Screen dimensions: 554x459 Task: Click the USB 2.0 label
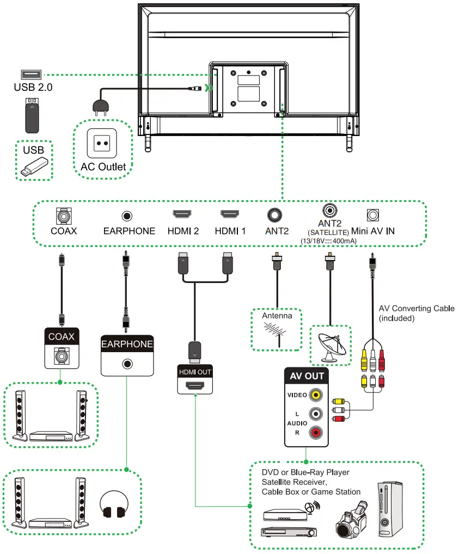coord(33,87)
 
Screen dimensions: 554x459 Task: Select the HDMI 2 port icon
coord(182,214)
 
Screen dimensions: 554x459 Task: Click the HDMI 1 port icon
coord(230,214)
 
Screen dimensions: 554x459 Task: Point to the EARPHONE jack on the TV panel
coord(128,216)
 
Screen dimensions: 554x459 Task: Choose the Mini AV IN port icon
coord(372,215)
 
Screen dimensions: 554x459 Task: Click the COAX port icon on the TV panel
coord(64,216)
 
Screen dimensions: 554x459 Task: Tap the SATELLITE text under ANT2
coord(329,232)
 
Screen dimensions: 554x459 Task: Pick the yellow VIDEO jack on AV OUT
coord(315,395)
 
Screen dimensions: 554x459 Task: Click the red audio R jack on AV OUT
coord(315,433)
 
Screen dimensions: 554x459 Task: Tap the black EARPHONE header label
coord(127,344)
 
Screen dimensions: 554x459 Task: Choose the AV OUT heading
coord(307,376)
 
